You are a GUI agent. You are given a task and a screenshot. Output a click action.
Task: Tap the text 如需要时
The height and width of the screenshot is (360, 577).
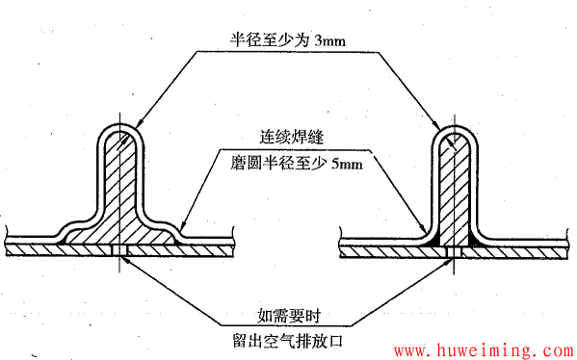(288, 313)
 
